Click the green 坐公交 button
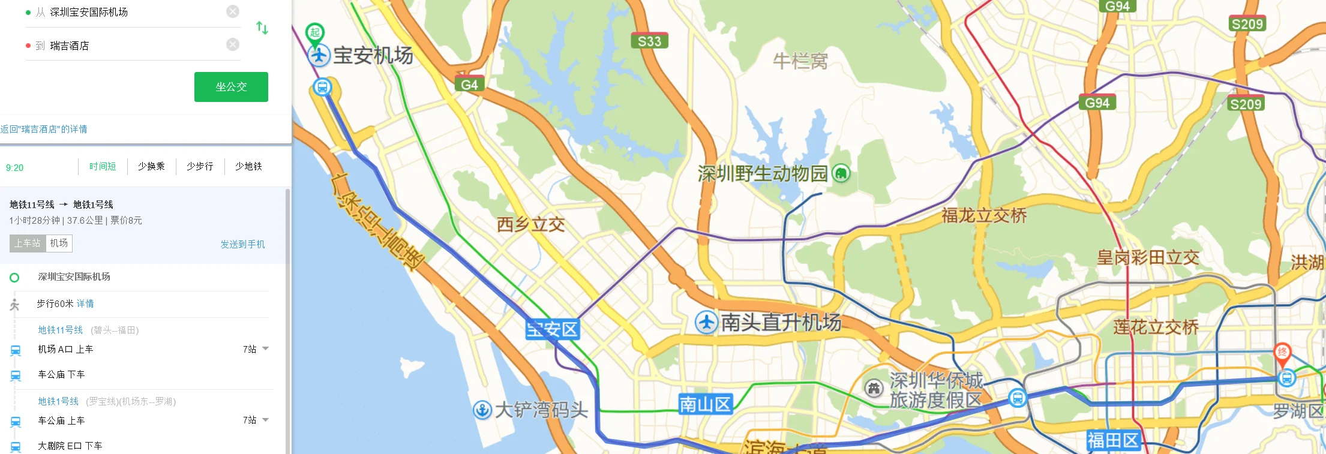pos(231,87)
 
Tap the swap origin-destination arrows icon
pos(262,28)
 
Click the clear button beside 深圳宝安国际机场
pos(233,11)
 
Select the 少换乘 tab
pos(151,166)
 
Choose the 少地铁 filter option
pos(248,166)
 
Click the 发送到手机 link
pos(242,244)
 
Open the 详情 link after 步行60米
pos(85,303)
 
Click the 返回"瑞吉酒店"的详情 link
pos(44,129)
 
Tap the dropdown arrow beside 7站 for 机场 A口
pos(266,348)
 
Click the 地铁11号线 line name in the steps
pos(60,330)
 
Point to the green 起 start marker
pos(315,33)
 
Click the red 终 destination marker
pos(1282,353)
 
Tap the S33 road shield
pos(649,41)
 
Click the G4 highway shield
pos(469,85)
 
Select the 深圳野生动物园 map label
pos(763,174)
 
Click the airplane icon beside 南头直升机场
pos(706,323)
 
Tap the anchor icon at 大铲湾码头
pos(482,410)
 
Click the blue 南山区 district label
pos(705,405)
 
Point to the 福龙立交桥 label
pos(984,215)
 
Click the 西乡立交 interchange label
pos(530,225)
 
